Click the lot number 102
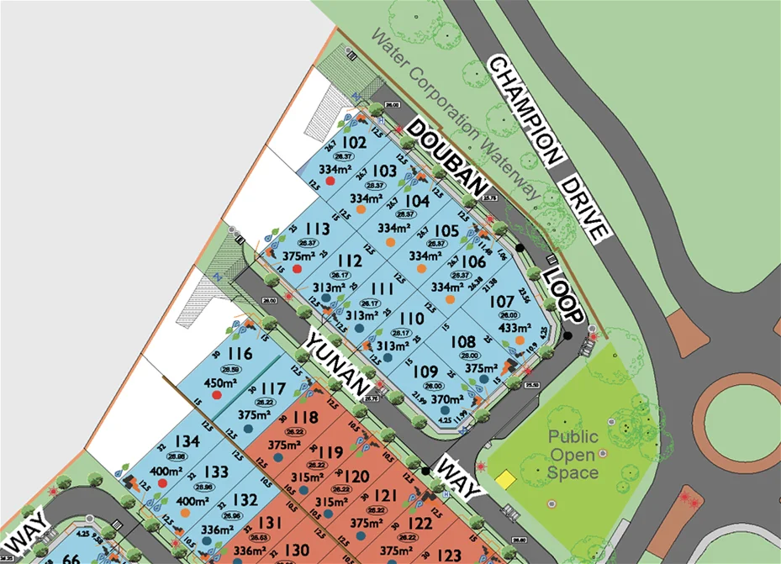(x=354, y=143)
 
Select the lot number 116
(x=240, y=354)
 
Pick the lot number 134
(x=187, y=442)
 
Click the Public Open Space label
(x=573, y=454)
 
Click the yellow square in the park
(x=504, y=478)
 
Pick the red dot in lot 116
(x=216, y=395)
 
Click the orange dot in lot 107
(x=520, y=340)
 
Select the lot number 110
(x=411, y=319)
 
